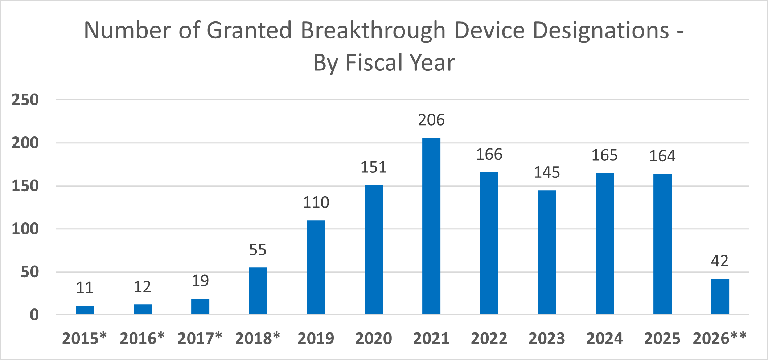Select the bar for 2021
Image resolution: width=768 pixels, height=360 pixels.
click(431, 226)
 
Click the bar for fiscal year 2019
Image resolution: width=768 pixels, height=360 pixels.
click(316, 267)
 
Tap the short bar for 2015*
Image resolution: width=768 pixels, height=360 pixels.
click(85, 310)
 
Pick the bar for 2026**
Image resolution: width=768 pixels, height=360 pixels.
click(720, 296)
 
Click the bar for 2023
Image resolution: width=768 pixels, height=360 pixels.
click(546, 252)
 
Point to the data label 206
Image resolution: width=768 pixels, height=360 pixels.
click(431, 120)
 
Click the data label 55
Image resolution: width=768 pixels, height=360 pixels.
click(258, 250)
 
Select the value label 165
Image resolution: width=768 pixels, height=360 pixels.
click(604, 155)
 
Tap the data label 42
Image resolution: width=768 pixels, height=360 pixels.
click(720, 261)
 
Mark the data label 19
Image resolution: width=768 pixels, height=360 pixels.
click(200, 281)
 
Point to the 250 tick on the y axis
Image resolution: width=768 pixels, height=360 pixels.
click(25, 100)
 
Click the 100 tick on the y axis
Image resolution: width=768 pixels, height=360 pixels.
click(25, 229)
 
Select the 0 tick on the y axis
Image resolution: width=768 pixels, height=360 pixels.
click(34, 315)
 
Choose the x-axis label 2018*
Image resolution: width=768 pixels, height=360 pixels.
click(258, 339)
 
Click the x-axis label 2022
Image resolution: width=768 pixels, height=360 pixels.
click(489, 339)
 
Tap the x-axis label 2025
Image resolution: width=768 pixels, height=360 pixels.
click(662, 339)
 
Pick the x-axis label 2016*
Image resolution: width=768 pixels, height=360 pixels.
click(142, 339)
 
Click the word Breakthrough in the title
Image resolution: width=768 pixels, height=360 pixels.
click(373, 30)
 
